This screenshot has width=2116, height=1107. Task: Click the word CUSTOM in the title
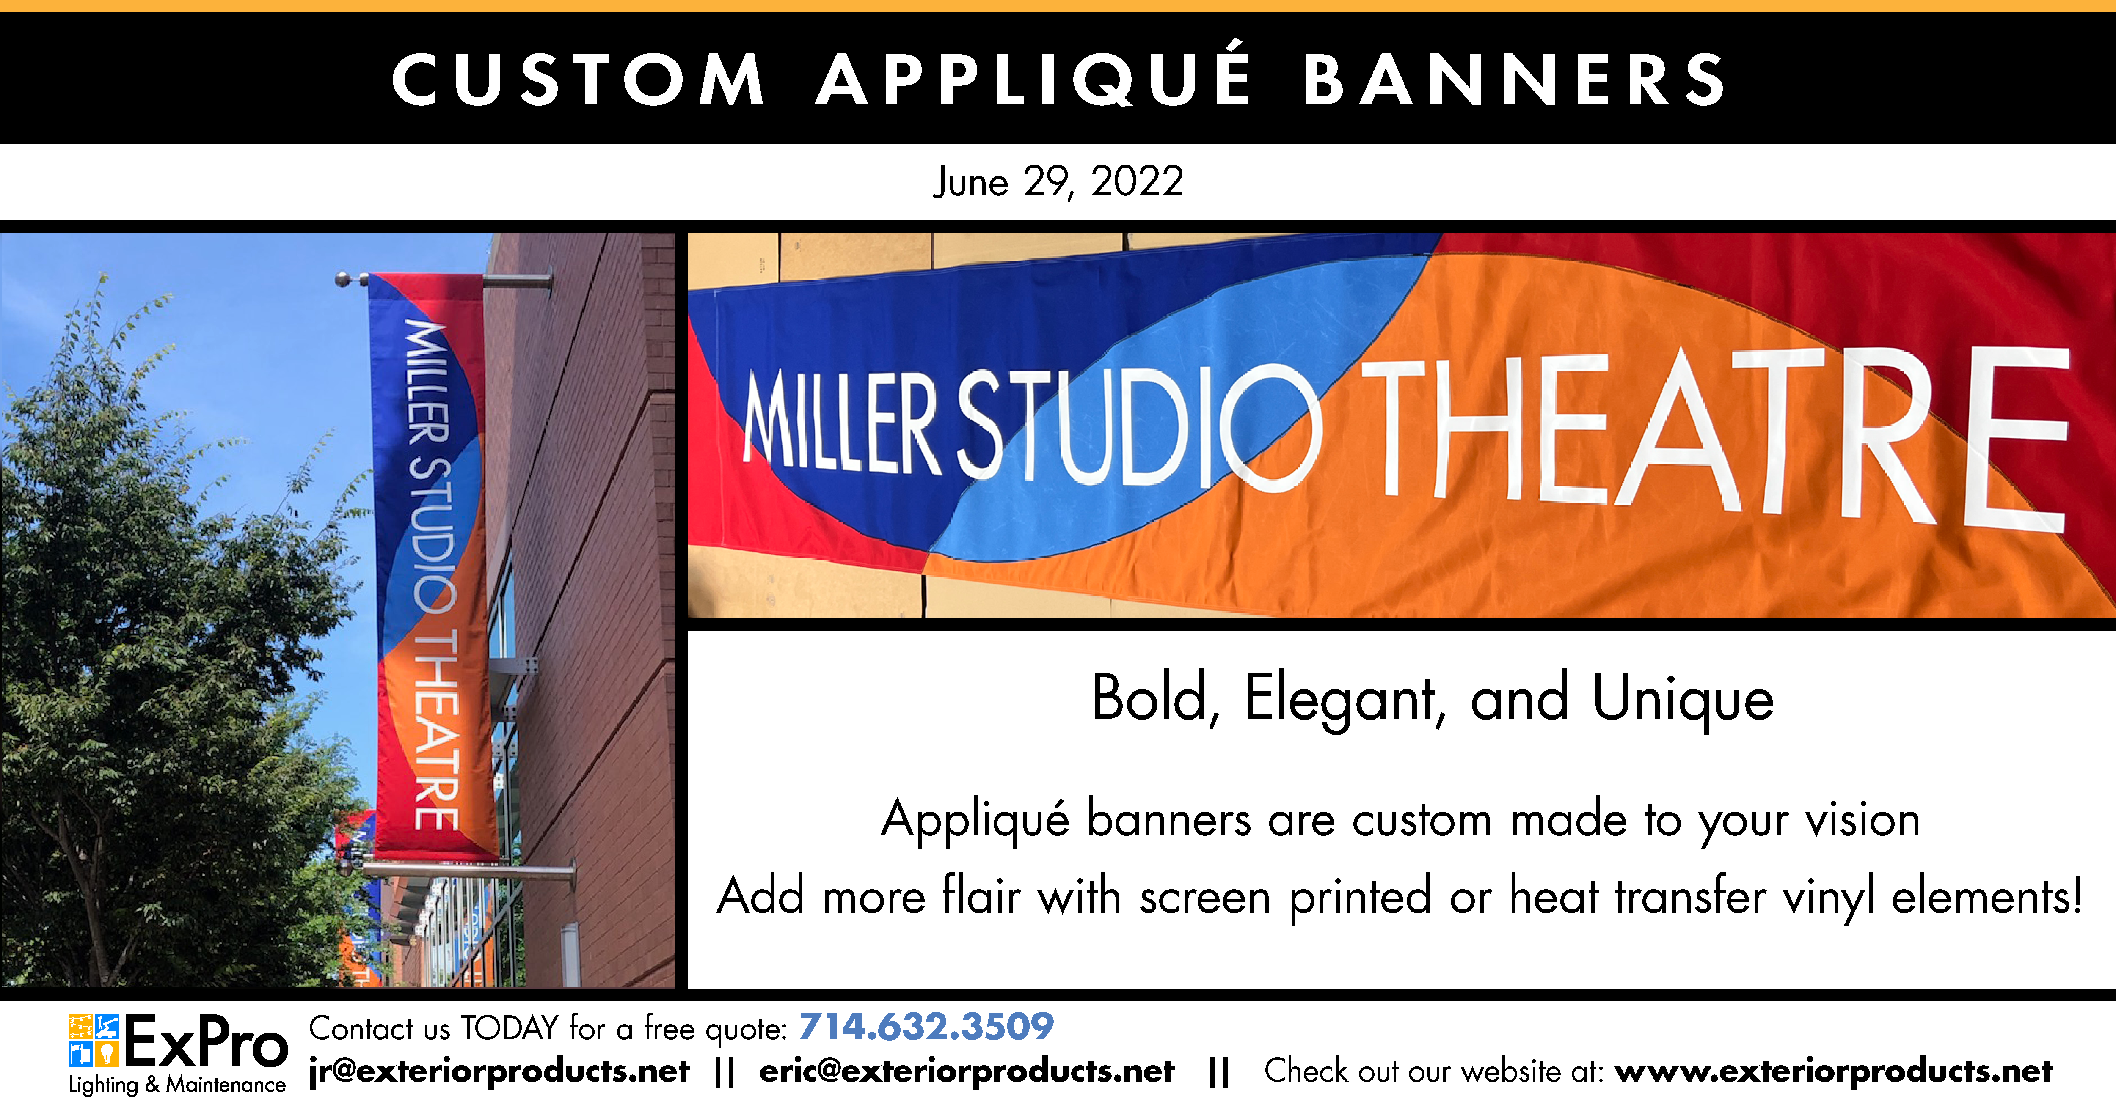coord(578,80)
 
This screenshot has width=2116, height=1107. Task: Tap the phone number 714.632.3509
coord(926,1027)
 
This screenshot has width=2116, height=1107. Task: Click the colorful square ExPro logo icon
coord(94,1040)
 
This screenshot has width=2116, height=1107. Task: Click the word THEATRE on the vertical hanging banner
coord(435,731)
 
